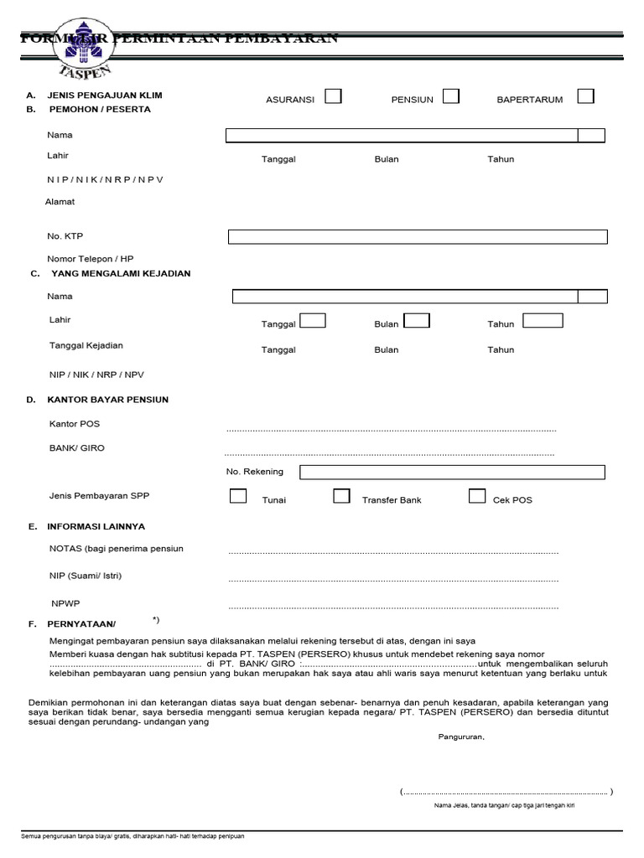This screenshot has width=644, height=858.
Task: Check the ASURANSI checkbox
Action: (x=333, y=96)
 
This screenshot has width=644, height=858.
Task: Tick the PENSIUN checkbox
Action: (x=451, y=96)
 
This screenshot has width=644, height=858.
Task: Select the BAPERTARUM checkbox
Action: (x=585, y=96)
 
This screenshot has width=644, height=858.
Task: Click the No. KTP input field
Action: (x=418, y=237)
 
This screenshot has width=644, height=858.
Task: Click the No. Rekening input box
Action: (x=452, y=473)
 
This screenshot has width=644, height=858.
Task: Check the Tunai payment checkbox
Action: (x=238, y=496)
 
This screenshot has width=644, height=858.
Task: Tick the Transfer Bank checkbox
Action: (x=341, y=496)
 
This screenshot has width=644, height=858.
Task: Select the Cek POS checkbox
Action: (x=477, y=496)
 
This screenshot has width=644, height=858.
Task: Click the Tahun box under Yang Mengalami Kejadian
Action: (x=543, y=320)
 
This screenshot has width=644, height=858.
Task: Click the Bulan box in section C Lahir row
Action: (x=417, y=320)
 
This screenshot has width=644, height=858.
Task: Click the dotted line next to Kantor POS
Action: (x=391, y=430)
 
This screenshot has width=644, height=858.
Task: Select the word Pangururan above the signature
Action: (x=460, y=737)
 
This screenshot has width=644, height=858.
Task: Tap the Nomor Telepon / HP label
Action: (x=91, y=259)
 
